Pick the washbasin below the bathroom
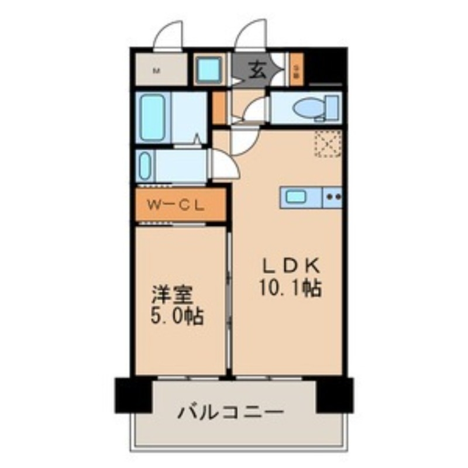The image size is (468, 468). coord(146,166)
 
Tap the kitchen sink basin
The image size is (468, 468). coord(297,197)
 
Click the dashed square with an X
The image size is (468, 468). coord(328,144)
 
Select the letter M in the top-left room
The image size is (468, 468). coord(156,72)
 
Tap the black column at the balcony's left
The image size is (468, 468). coord(132,395)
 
